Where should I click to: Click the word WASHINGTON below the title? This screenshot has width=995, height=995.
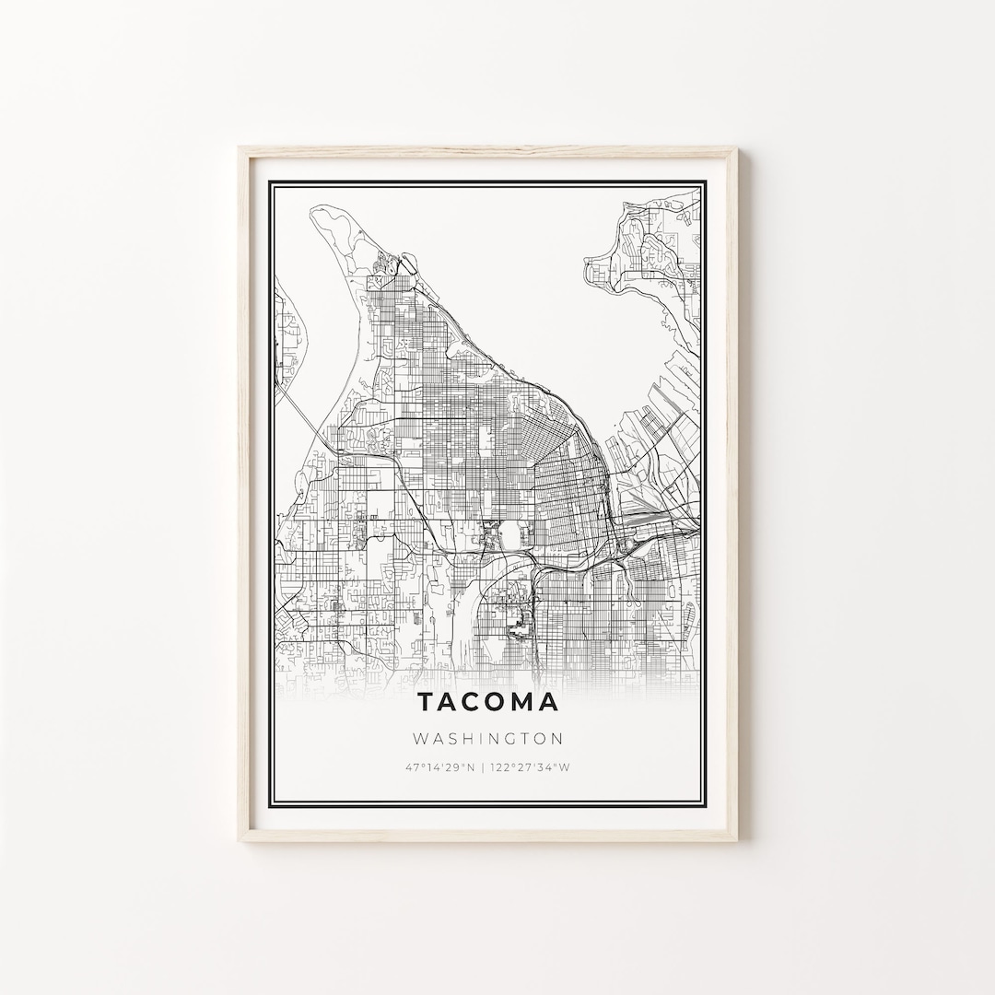pos(488,738)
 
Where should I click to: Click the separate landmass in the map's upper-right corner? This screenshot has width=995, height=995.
pos(650,244)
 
